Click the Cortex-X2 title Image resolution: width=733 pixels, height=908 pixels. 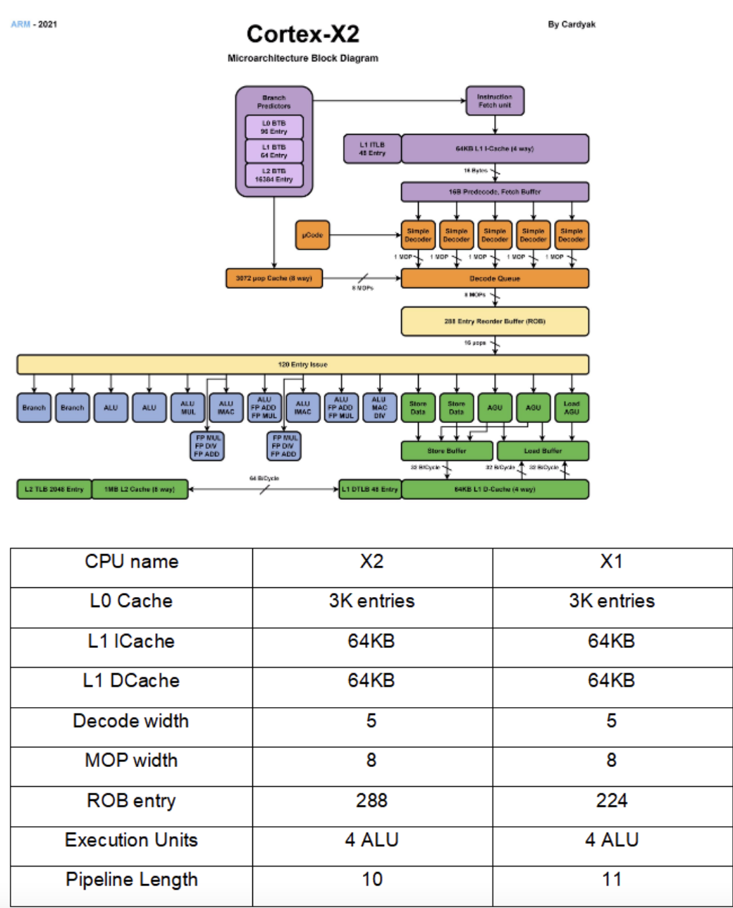tap(303, 34)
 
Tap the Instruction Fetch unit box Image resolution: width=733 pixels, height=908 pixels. tap(495, 101)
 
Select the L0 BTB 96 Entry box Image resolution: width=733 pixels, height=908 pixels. tap(274, 128)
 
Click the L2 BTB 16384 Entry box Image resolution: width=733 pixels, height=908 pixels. tap(274, 176)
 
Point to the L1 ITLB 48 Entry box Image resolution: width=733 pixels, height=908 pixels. tap(372, 149)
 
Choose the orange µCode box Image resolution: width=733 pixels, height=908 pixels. tap(312, 235)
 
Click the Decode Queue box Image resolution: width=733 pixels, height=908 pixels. tap(495, 278)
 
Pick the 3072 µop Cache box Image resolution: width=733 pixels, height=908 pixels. tap(274, 278)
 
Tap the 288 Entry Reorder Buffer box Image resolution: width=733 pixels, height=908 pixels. tap(495, 321)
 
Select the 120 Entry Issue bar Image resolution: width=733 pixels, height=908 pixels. tap(303, 364)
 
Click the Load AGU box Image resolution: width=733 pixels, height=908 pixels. tap(572, 407)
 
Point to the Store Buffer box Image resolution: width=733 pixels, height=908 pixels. tap(447, 450)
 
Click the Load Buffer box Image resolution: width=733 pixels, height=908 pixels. tap(543, 450)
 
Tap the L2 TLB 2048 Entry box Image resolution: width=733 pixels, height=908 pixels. tap(54, 489)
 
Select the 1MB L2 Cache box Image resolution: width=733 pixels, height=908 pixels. tap(140, 489)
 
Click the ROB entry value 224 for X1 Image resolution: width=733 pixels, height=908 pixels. tap(612, 801)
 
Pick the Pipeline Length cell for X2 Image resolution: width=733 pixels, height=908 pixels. tap(372, 880)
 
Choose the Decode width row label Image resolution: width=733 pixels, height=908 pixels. tap(131, 721)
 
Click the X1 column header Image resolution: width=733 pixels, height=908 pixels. tap(612, 562)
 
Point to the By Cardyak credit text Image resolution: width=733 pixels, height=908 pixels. tap(572, 25)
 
